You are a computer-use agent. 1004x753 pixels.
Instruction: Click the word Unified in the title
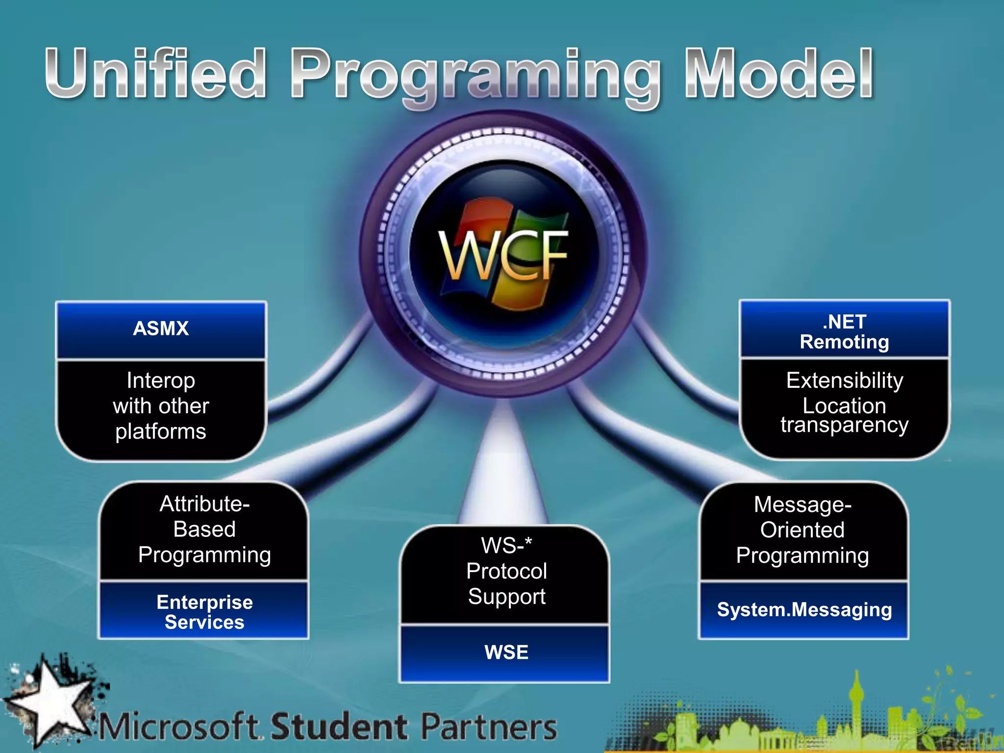click(156, 74)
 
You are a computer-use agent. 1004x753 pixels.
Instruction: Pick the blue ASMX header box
click(161, 329)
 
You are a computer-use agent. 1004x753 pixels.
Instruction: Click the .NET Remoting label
click(844, 332)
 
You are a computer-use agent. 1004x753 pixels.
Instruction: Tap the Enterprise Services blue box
click(204, 612)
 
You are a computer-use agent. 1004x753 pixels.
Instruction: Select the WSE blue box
click(506, 653)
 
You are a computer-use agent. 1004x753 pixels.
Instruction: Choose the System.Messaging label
click(804, 610)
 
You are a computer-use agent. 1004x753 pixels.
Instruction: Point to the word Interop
click(161, 380)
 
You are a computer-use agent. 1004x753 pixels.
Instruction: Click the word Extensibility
click(844, 380)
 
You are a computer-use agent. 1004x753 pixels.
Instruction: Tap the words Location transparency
click(844, 415)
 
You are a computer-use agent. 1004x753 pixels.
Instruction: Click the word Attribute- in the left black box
click(204, 504)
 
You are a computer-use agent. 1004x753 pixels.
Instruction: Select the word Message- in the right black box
click(803, 504)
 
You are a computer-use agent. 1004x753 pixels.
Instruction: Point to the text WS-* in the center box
click(506, 545)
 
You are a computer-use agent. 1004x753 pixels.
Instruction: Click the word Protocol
click(506, 571)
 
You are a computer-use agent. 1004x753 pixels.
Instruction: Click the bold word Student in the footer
click(339, 727)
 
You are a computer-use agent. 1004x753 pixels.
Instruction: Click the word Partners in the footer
click(489, 727)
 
